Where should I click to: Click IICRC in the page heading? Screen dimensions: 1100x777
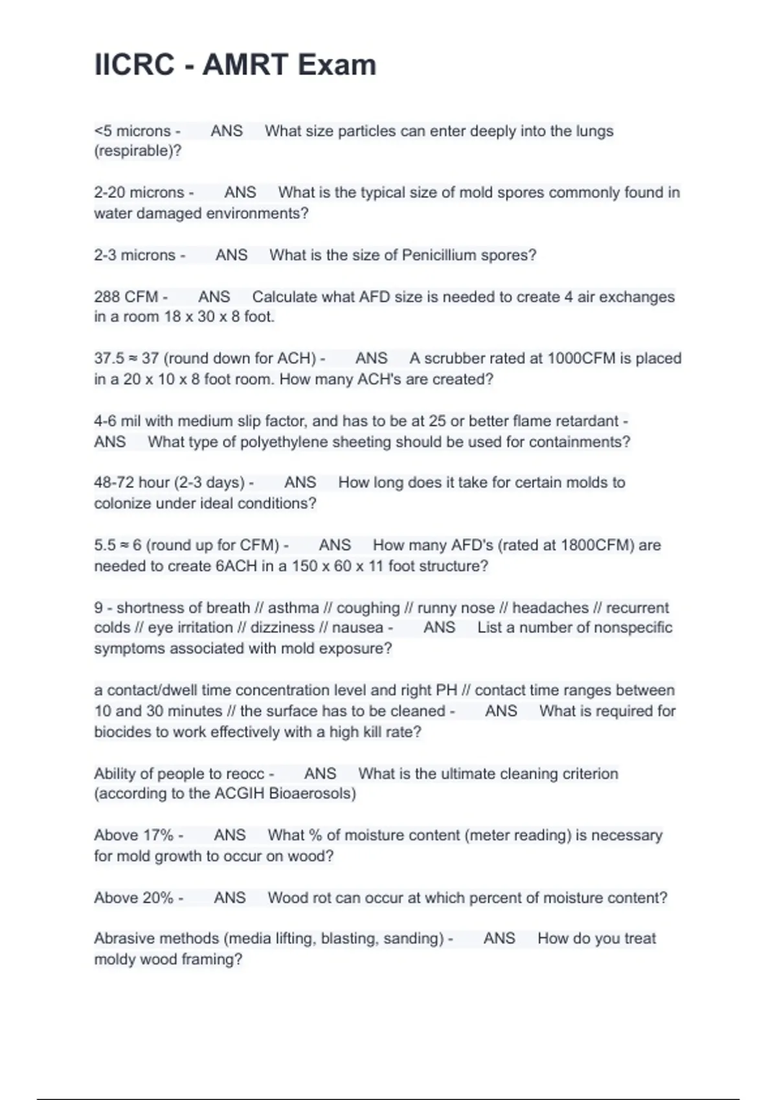(134, 65)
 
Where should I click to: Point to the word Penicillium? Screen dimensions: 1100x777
(439, 255)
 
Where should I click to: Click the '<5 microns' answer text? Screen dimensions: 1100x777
(133, 131)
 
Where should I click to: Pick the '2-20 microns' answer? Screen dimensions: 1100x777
(139, 193)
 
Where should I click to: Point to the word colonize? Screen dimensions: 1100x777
(123, 503)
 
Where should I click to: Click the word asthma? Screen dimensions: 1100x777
(293, 608)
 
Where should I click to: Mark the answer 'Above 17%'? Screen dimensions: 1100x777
(134, 835)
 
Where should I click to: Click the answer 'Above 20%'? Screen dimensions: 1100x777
(134, 898)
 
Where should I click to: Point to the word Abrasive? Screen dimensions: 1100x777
(124, 938)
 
